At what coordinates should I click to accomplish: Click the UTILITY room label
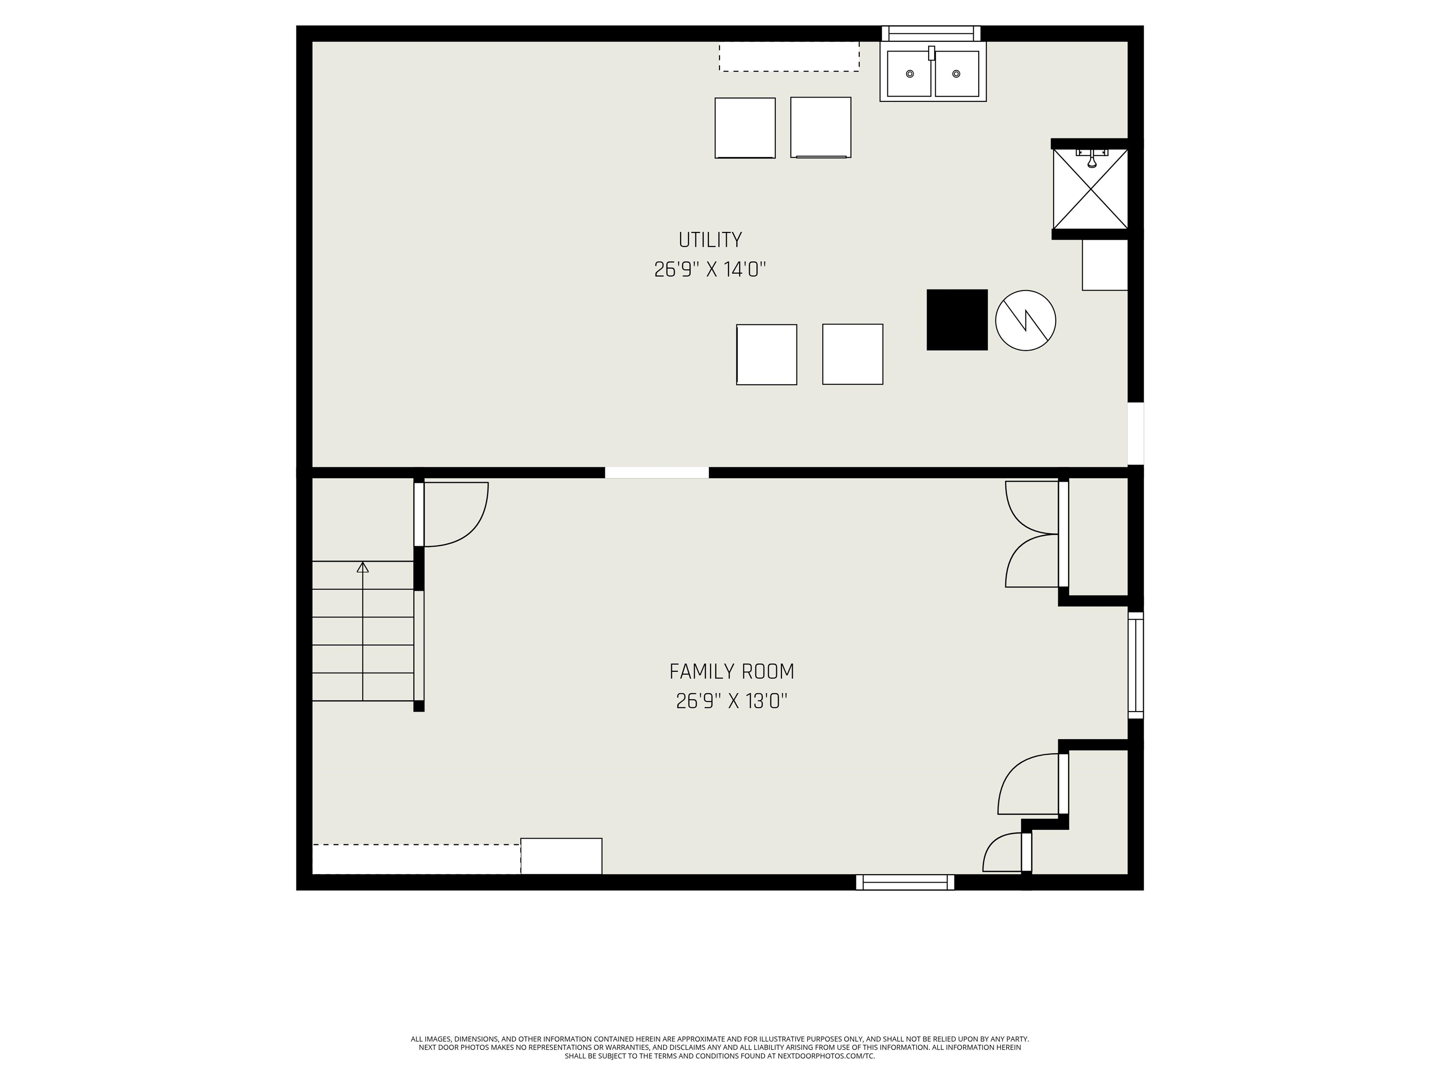pos(710,240)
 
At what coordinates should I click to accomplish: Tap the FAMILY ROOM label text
pos(732,671)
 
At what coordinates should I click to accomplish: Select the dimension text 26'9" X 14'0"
pos(710,270)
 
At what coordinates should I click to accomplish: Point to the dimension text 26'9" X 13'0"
pos(732,701)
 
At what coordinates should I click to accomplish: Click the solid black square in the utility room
pos(957,320)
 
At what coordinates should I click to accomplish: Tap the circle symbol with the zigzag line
pos(1025,320)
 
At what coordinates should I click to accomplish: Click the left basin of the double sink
pos(909,74)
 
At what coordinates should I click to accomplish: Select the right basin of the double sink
pos(956,74)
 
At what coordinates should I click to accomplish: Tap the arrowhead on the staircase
pos(363,567)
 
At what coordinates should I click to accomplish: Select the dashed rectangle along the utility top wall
pos(789,57)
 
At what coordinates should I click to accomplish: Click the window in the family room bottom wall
pos(905,882)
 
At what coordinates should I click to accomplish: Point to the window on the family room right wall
pos(1135,665)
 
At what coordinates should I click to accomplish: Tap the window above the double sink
pos(931,33)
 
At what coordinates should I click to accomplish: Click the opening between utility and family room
pos(656,472)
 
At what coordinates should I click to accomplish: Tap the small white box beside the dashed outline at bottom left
pos(561,856)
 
